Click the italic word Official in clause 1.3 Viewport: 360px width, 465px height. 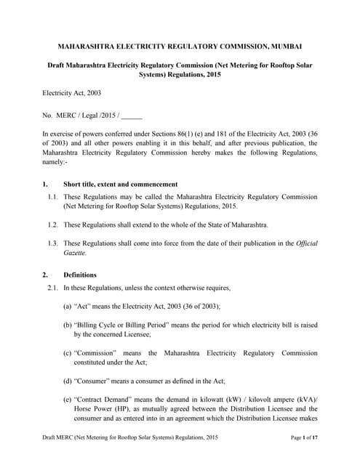point(306,243)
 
